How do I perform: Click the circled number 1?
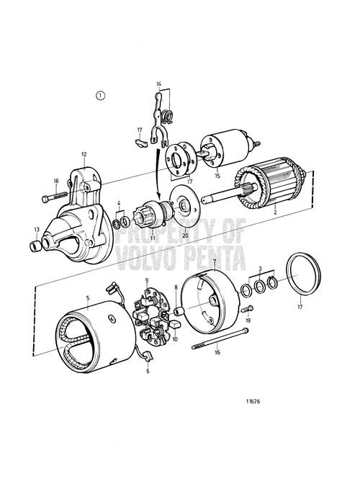pos(100,95)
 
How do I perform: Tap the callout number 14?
pos(159,85)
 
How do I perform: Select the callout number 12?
pos(84,154)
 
